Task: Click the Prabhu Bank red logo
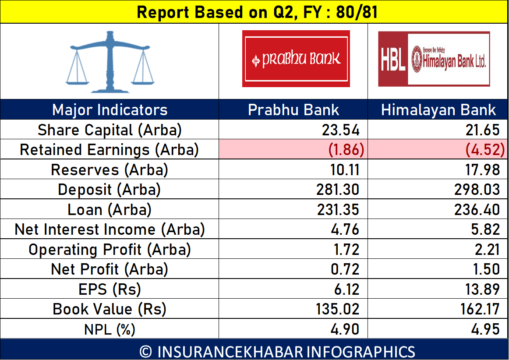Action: [296, 59]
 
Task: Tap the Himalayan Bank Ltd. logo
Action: [434, 59]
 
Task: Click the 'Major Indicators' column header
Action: [110, 109]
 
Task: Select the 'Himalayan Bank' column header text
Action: [438, 109]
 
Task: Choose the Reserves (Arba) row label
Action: [110, 170]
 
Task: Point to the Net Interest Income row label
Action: [110, 229]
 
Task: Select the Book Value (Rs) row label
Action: [110, 309]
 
